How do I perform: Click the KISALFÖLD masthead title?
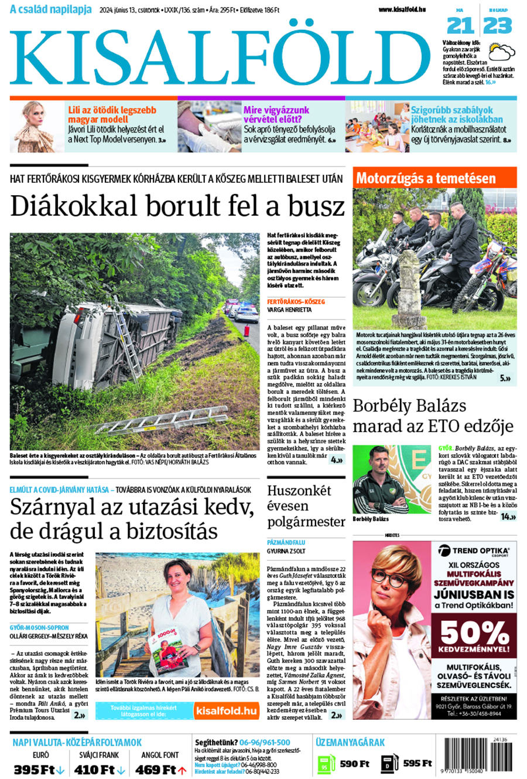pos(220,56)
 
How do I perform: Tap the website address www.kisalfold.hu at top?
pos(402,9)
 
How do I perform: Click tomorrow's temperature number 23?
pos(498,25)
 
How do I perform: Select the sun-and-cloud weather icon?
pos(502,52)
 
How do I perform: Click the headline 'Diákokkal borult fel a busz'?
pos(177,206)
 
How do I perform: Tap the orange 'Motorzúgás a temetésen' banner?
pos(426,178)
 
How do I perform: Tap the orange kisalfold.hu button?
pos(226,711)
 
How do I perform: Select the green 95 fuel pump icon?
pos(326,763)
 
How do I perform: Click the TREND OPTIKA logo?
pos(474,551)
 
